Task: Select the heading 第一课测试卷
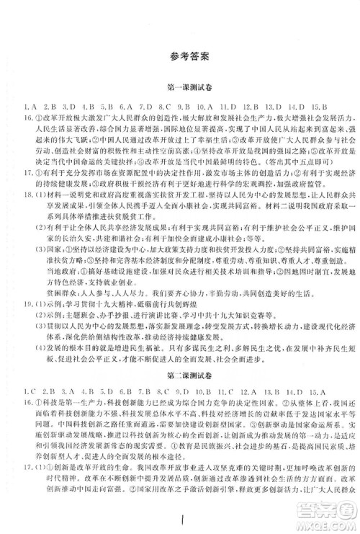point(180,84)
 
